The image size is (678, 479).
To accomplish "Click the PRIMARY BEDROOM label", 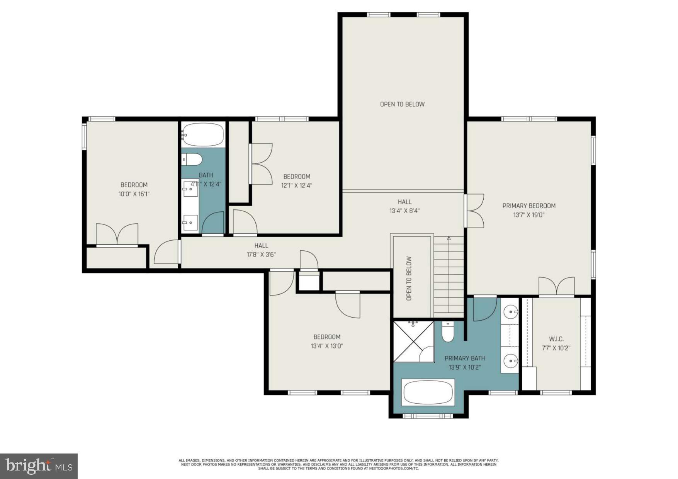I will tap(528, 206).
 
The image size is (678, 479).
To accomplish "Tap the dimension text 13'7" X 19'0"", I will tap(528, 215).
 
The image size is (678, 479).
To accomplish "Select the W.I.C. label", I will tap(556, 339).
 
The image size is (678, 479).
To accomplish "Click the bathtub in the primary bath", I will tap(428, 392).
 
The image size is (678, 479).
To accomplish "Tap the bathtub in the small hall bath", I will tap(203, 134).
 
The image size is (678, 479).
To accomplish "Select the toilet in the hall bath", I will tap(192, 159).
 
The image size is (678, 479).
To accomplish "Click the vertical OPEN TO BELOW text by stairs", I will tap(409, 278).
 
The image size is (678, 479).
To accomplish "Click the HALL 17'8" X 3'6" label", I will tap(261, 250).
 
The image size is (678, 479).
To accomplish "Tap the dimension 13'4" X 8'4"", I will tap(404, 211).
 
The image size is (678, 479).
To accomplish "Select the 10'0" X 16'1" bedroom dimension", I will tap(134, 194).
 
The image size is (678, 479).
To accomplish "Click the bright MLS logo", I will tap(39, 466).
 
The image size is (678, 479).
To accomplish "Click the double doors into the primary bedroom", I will tap(475, 211).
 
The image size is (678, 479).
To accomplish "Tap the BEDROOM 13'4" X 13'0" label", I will tap(327, 341).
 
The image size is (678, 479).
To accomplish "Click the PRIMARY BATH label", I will tap(464, 358).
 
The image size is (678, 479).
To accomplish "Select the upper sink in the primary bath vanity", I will tap(511, 311).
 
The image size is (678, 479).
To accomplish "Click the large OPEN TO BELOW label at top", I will tap(402, 104).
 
